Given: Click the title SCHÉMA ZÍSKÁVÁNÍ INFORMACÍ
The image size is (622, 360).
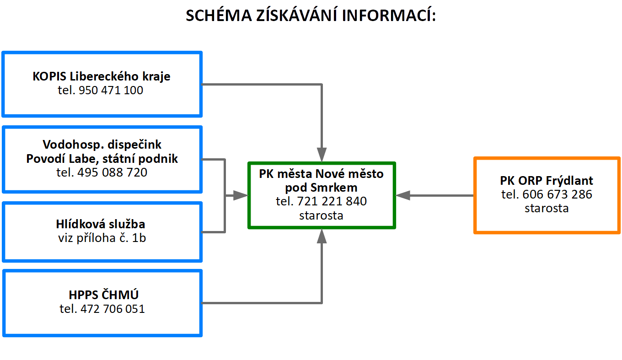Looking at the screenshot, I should pyautogui.click(x=311, y=16).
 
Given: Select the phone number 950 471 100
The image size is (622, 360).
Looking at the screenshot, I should pyautogui.click(x=111, y=91).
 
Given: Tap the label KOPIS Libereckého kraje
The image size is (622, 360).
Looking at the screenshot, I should pyautogui.click(x=102, y=76).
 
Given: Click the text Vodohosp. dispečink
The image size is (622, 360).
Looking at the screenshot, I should pyautogui.click(x=102, y=145).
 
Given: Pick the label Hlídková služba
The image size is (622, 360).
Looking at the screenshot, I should pyautogui.click(x=101, y=224).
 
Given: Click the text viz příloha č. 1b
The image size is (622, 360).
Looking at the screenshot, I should pyautogui.click(x=102, y=238).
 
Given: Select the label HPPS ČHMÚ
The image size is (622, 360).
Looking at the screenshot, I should pyautogui.click(x=102, y=294).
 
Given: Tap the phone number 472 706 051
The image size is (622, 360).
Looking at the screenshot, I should pyautogui.click(x=113, y=309).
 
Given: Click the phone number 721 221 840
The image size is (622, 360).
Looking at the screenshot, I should pyautogui.click(x=332, y=201).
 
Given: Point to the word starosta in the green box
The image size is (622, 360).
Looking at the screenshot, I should pyautogui.click(x=321, y=215).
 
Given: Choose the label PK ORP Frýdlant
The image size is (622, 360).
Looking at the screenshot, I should pyautogui.click(x=547, y=180).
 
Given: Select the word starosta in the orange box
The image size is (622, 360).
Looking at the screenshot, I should pyautogui.click(x=547, y=209).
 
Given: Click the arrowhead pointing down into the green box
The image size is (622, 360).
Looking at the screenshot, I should pyautogui.click(x=322, y=155).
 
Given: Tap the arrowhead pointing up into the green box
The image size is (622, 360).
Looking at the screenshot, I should pyautogui.click(x=322, y=236).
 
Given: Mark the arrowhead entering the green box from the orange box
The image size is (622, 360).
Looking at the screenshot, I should pyautogui.click(x=403, y=195).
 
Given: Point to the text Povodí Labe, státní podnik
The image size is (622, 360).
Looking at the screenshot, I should pyautogui.click(x=102, y=159).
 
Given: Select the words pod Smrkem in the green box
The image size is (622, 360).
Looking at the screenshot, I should pyautogui.click(x=321, y=188).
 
